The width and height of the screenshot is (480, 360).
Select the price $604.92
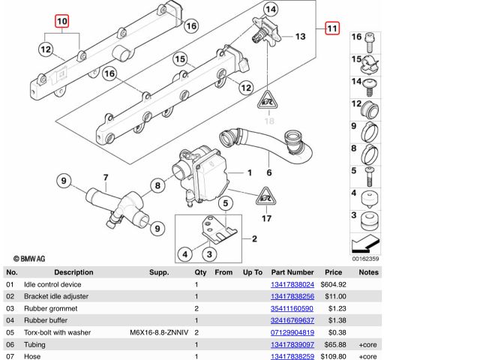(x=333, y=285)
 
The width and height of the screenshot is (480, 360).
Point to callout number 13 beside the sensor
(x=299, y=36)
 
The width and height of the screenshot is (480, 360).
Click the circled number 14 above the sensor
(x=270, y=10)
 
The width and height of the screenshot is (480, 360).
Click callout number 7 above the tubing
(x=106, y=178)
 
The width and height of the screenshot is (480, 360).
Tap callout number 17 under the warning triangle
(x=265, y=218)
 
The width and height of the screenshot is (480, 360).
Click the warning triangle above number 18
(x=268, y=100)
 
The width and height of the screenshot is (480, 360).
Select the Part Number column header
(x=292, y=272)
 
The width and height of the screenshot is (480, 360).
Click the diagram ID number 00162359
(x=366, y=259)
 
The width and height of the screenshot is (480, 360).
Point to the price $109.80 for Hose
(x=333, y=355)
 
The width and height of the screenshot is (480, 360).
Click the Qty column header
(x=201, y=272)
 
